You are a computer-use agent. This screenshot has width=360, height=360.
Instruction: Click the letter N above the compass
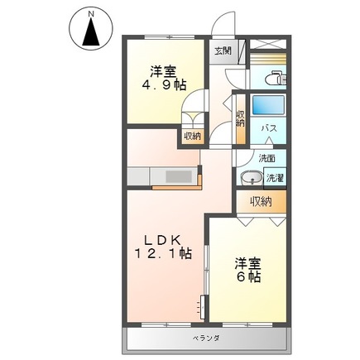pos(91,14)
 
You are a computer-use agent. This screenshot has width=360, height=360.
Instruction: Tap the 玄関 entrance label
pos(223,50)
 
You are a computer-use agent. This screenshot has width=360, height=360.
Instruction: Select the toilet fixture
pos(276,78)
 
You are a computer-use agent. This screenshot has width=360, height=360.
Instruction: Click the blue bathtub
pos(267,105)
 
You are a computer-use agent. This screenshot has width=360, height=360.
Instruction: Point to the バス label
pos(269,128)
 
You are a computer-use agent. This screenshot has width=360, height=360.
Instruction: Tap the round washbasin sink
pos(250,176)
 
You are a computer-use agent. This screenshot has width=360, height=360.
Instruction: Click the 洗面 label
pos(266,157)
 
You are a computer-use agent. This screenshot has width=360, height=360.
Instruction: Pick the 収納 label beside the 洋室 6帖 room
pos(262,201)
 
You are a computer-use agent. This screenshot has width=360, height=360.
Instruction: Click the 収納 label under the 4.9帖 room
pos(192,136)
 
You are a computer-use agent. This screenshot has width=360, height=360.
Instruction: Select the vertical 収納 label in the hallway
pos(240,120)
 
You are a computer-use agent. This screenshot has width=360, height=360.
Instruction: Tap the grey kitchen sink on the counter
pos(178,176)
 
